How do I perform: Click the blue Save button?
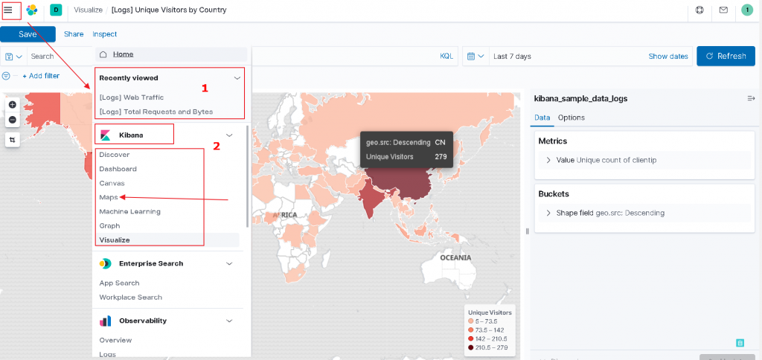(28, 34)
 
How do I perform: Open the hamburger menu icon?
(8, 10)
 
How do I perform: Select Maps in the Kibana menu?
(109, 197)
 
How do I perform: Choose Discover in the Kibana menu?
(115, 155)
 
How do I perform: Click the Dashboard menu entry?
(118, 169)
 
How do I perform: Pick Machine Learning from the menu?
(130, 211)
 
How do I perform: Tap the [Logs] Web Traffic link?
(132, 97)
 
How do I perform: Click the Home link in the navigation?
(123, 54)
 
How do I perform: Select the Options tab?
(571, 118)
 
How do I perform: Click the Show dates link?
(668, 57)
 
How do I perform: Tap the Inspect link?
(105, 34)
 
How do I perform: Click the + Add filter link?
(41, 76)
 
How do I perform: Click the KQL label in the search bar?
(446, 57)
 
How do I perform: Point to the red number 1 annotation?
(205, 88)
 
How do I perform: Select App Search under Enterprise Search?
(120, 283)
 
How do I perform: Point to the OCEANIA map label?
(455, 257)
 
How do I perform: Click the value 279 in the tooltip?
(441, 156)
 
